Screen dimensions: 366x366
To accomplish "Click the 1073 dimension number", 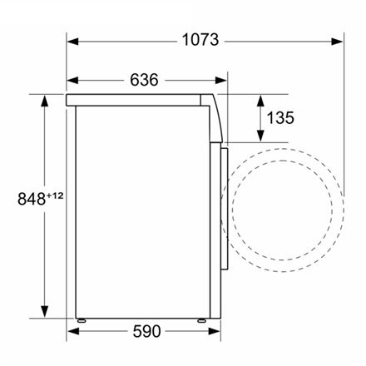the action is (200, 40).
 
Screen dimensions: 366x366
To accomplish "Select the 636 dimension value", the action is (144, 80).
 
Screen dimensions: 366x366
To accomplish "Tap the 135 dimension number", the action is (280, 118).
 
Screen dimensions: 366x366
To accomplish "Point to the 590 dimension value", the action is (146, 331).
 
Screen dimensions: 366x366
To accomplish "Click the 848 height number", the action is (32, 199).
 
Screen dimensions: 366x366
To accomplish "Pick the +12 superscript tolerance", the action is (55, 196).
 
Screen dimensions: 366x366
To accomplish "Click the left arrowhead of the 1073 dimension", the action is (72, 42).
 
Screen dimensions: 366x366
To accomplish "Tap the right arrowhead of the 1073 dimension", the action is (337, 42).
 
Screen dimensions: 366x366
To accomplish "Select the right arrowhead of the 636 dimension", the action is (221, 81).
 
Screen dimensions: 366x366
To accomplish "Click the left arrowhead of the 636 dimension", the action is (72, 81).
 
